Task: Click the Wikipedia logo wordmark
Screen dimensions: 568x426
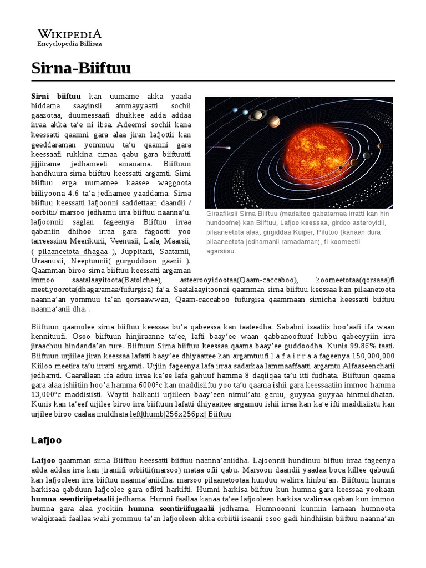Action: click(69, 33)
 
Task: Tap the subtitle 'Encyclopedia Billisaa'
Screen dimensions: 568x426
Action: click(69, 43)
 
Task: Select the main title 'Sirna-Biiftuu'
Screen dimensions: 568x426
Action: click(81, 69)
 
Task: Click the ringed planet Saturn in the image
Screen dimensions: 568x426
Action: click(257, 115)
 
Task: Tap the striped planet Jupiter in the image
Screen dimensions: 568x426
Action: click(274, 121)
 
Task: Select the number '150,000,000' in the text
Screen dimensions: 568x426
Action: click(367, 356)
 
